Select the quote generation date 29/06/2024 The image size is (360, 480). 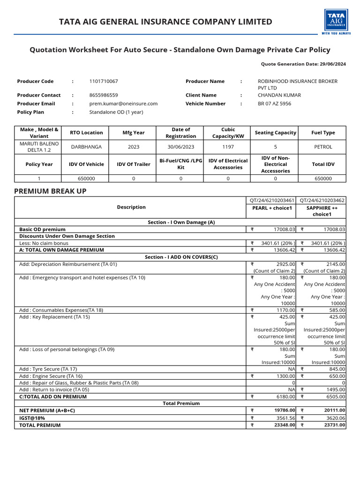pyautogui.click(x=331, y=64)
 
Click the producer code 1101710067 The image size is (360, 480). pyautogui.click(x=104, y=81)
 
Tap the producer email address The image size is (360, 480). pyautogui.click(x=123, y=104)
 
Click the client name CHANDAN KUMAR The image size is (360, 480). pyautogui.click(x=279, y=95)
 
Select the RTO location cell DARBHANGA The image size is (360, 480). pyautogui.click(x=86, y=147)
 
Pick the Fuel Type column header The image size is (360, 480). pyautogui.click(x=323, y=133)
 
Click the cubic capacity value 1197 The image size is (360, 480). pyautogui.click(x=228, y=147)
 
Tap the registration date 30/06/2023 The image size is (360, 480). pyautogui.click(x=180, y=147)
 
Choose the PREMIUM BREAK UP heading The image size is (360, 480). pyautogui.click(x=50, y=191)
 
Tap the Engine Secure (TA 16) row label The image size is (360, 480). pyautogui.click(x=51, y=376)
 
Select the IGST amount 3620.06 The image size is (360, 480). pyautogui.click(x=335, y=418)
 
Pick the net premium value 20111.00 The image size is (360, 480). pyautogui.click(x=335, y=410)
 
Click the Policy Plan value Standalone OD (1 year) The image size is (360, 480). pyautogui.click(x=116, y=112)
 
